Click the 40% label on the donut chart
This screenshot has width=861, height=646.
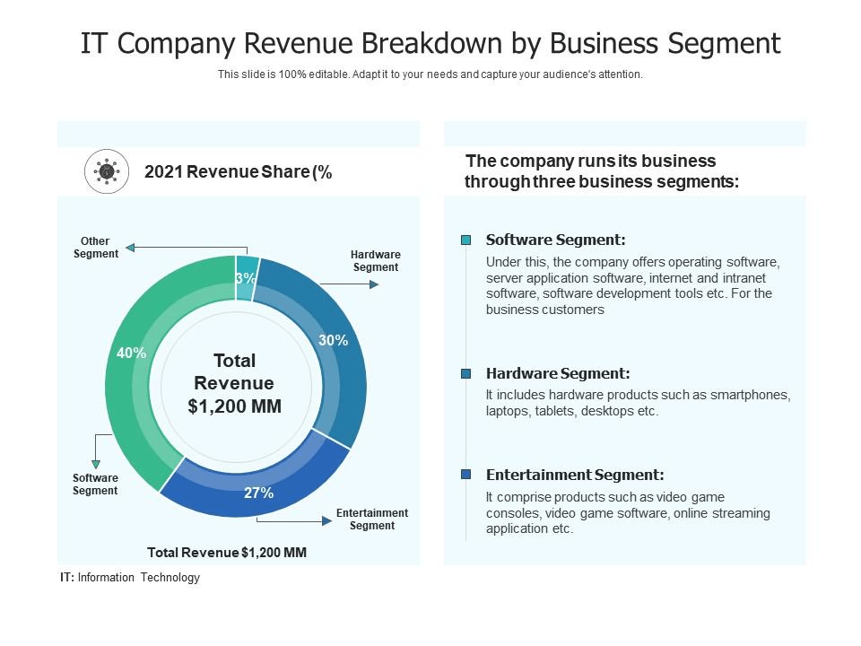coord(131,353)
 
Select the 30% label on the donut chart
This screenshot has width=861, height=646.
coord(333,340)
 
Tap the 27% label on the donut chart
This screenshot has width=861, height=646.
coord(259,493)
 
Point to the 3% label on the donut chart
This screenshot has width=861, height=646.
coord(246,278)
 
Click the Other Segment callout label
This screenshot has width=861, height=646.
coord(95,248)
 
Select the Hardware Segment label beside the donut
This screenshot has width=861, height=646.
coord(376,261)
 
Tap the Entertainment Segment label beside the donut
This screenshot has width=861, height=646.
coord(372,519)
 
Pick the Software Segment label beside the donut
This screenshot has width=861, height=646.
coord(95,484)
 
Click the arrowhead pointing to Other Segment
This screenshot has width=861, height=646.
coord(130,248)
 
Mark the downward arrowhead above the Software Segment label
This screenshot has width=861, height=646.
coord(96,464)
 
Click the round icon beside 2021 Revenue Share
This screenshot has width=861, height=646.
coord(107,171)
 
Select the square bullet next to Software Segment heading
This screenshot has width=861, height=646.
coord(465,240)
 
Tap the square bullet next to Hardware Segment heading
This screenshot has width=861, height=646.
coord(465,373)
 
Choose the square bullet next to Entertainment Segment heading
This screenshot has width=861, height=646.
coord(465,475)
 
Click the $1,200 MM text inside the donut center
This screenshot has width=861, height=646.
coord(235,406)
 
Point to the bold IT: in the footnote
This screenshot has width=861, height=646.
coord(67,578)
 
